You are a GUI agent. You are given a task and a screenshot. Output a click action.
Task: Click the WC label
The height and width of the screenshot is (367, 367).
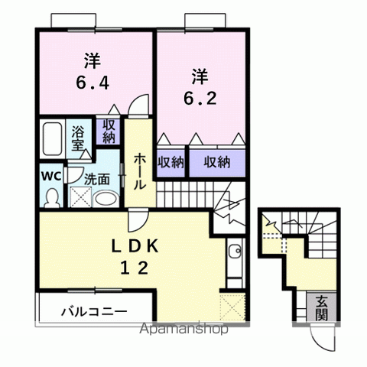(x=50, y=175)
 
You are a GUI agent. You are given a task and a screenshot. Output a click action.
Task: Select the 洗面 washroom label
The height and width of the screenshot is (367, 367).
(x=96, y=180)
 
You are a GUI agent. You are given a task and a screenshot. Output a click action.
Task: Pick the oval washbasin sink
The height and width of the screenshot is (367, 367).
(x=106, y=200)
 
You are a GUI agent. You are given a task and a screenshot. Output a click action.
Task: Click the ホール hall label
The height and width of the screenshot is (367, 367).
(x=141, y=172)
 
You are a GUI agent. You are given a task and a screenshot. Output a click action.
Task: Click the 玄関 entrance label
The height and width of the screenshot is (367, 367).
(x=322, y=308)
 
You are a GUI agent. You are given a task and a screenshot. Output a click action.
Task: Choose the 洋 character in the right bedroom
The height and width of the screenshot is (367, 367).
(x=199, y=75)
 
